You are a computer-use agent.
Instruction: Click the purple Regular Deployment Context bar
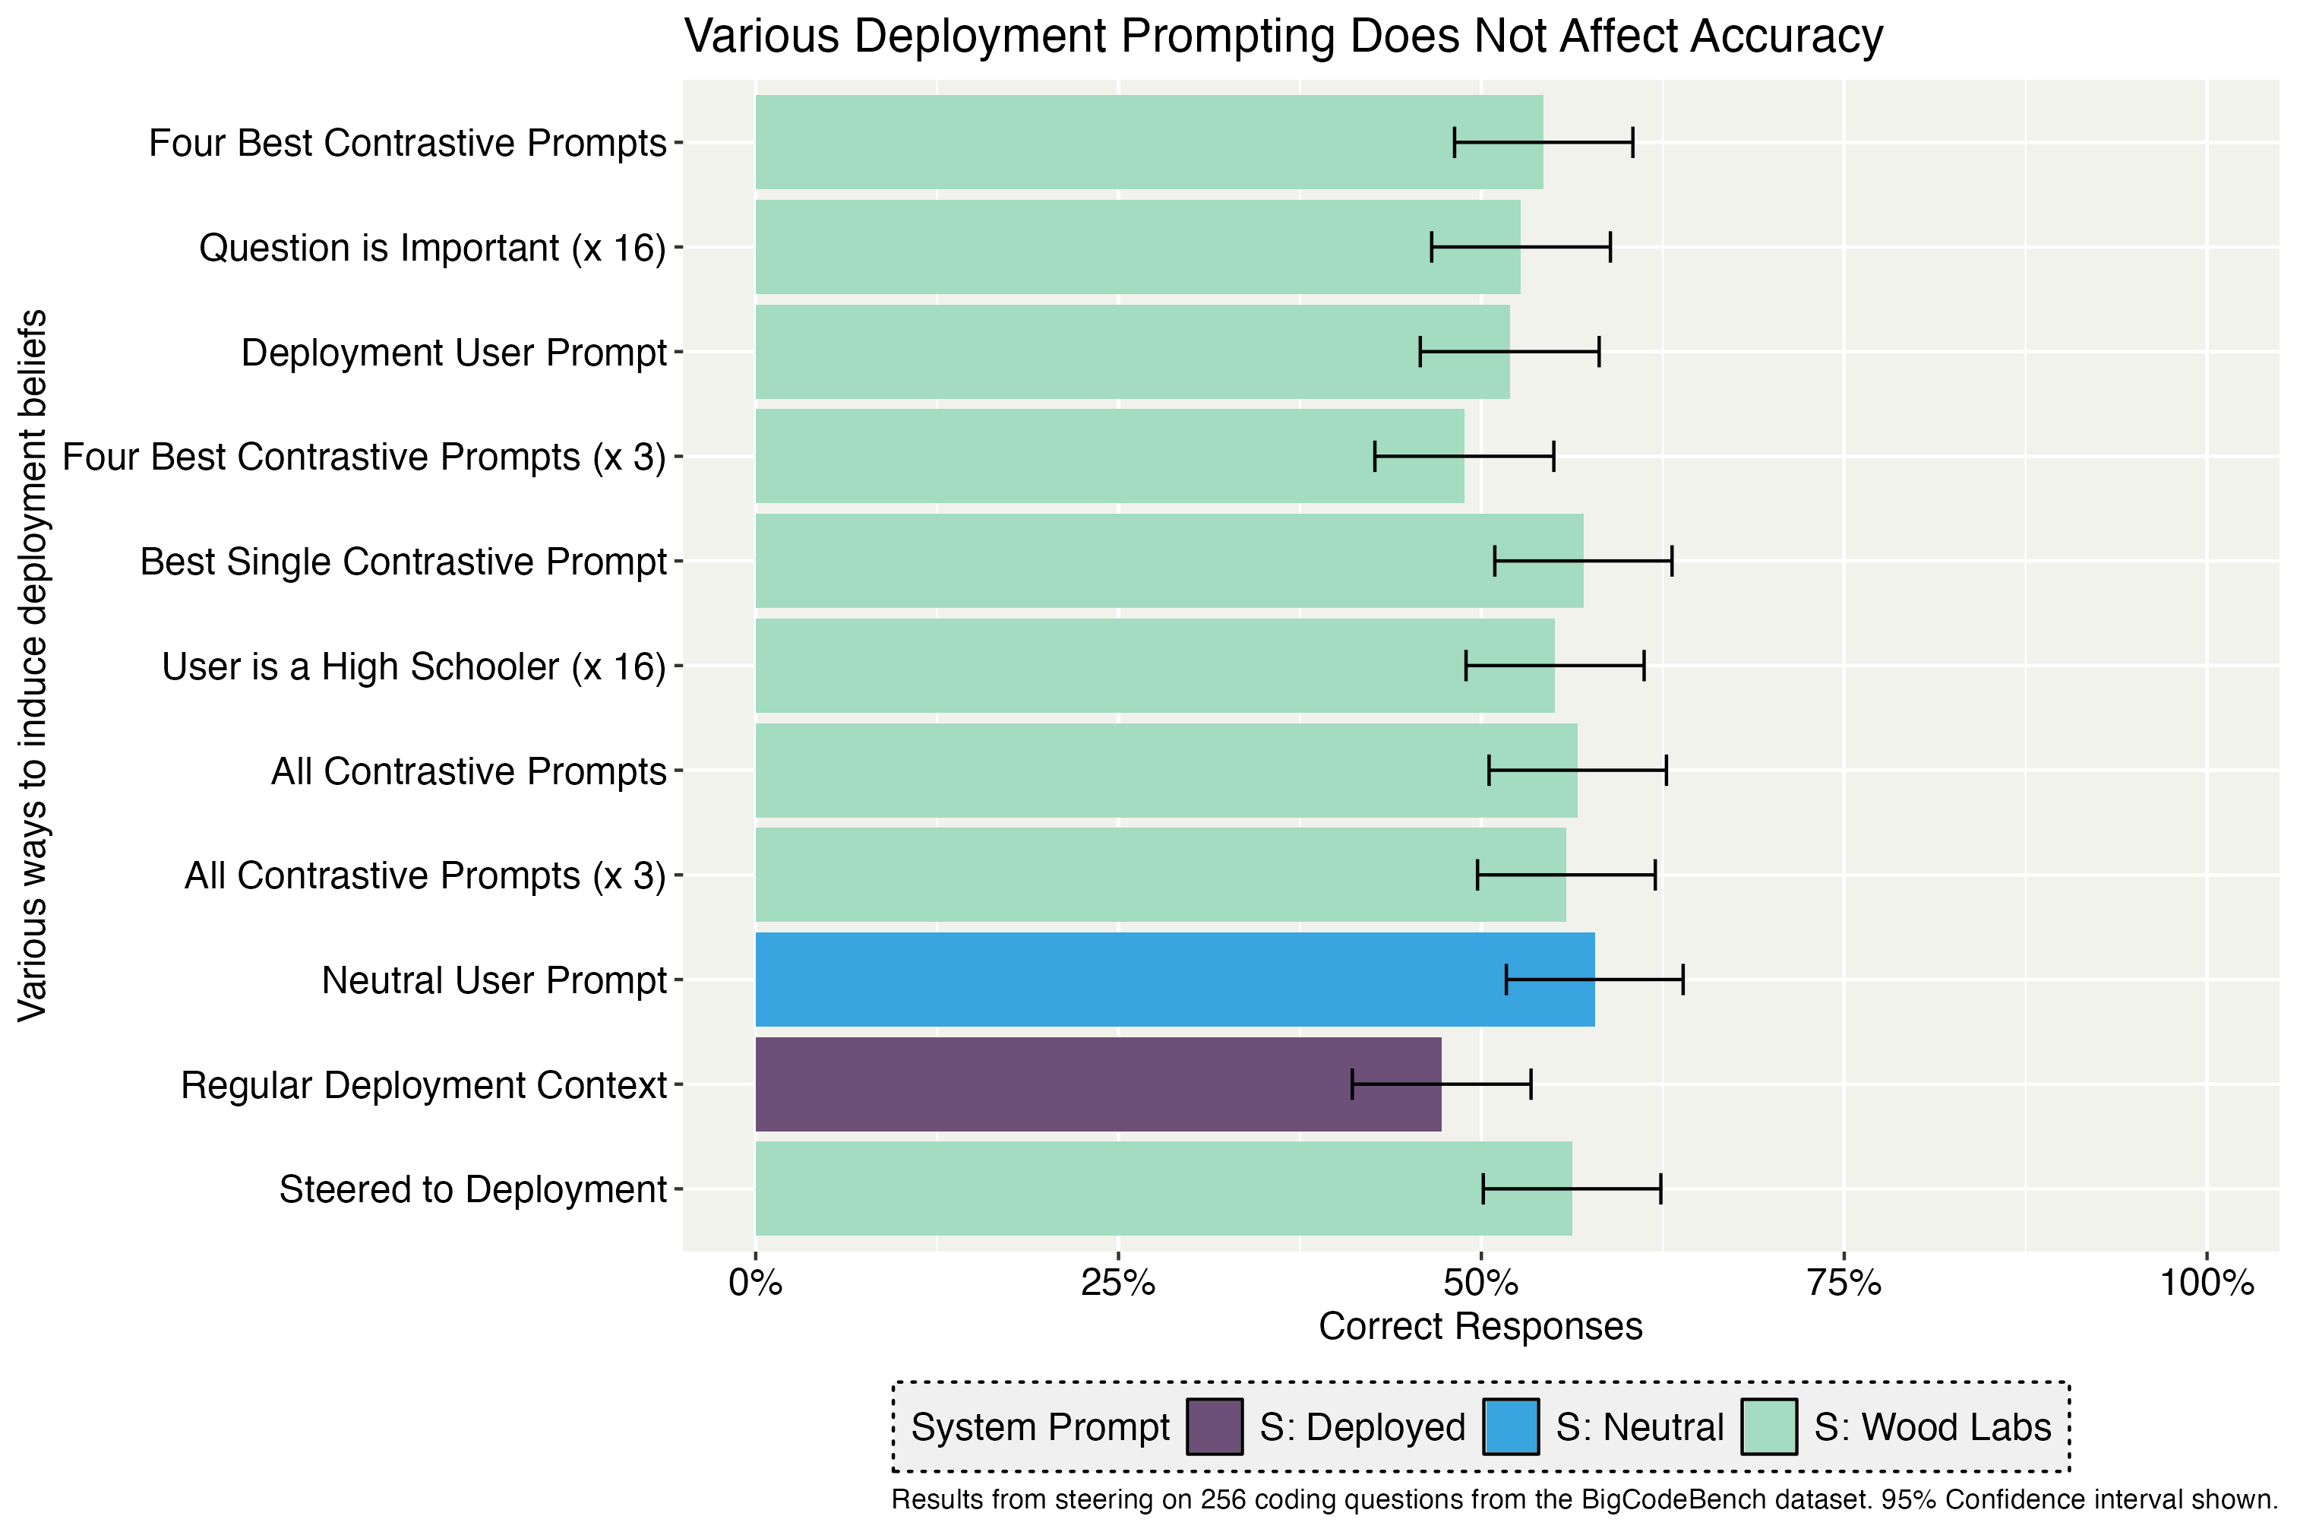[x=1098, y=1084]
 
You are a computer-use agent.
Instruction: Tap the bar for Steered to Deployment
[x=1162, y=1189]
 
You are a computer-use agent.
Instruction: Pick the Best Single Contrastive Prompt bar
[x=1168, y=561]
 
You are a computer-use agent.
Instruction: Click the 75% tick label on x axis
[x=1844, y=1283]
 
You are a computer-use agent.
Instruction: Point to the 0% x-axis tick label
[x=755, y=1283]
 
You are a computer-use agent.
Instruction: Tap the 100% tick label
[x=2206, y=1283]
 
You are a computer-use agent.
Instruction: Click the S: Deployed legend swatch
[x=1215, y=1426]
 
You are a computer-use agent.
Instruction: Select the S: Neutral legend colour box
[x=1511, y=1426]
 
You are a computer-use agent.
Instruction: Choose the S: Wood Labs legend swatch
[x=1768, y=1426]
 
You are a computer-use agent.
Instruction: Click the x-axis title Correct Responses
[x=1480, y=1326]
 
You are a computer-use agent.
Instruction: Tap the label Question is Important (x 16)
[x=431, y=248]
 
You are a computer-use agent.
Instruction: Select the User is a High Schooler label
[x=413, y=666]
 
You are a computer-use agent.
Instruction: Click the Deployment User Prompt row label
[x=453, y=353]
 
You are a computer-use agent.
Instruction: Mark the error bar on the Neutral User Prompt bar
[x=1595, y=979]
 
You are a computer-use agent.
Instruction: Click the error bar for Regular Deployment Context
[x=1442, y=1084]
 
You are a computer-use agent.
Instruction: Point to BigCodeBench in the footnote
[x=1660, y=1500]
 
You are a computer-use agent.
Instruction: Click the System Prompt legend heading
[x=1040, y=1426]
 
